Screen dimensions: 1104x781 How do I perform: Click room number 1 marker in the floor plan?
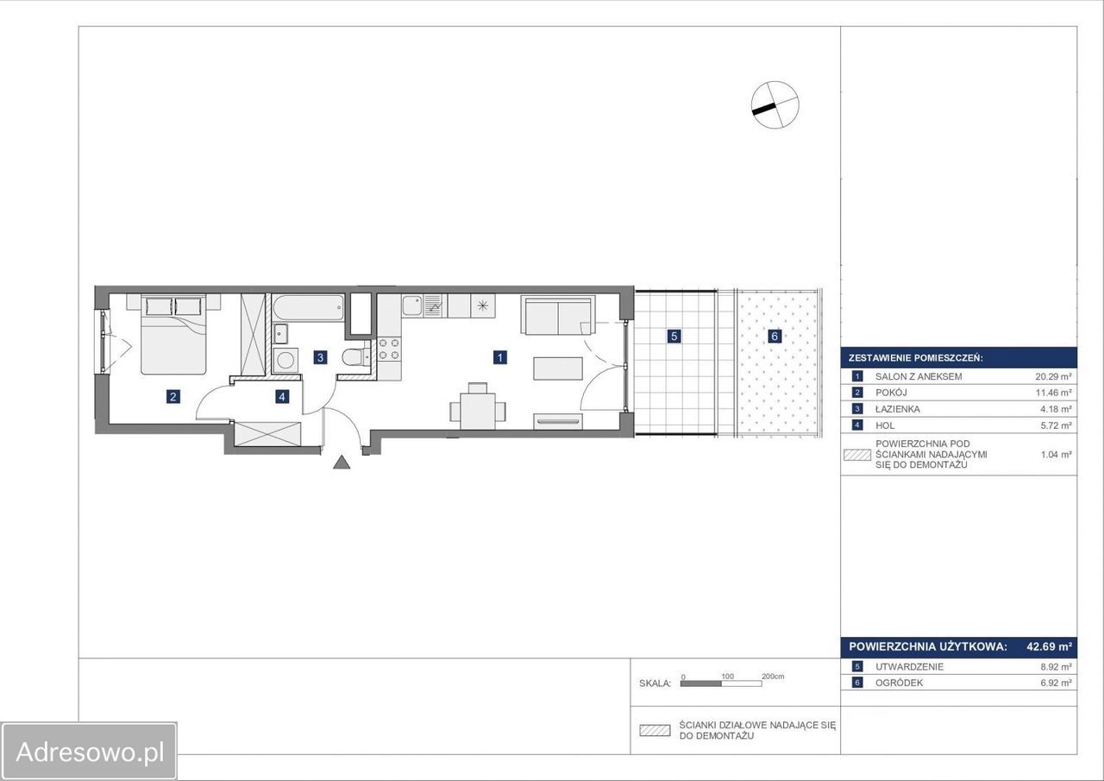point(499,357)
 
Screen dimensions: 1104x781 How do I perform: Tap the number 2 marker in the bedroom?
point(172,396)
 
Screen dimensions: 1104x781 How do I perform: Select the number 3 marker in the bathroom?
point(320,357)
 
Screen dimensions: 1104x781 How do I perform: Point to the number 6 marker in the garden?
point(775,337)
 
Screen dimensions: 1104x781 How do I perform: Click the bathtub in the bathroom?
point(309,308)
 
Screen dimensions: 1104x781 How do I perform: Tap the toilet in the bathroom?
point(356,357)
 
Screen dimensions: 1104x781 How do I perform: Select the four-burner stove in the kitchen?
point(389,349)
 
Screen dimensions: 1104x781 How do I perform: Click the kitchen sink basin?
point(412,305)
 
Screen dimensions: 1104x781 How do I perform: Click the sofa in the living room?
point(558,315)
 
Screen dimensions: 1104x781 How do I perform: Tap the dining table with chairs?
point(478,406)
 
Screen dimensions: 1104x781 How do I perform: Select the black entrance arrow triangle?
point(342,463)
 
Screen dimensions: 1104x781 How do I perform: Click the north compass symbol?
point(775,105)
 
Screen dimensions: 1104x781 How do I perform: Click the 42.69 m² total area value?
point(1050,646)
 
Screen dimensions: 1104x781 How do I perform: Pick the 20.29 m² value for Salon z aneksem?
point(1053,377)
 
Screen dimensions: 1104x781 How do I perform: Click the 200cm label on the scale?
point(773,676)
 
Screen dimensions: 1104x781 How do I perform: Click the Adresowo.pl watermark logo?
point(89,752)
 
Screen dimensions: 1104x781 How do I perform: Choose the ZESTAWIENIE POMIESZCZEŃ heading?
point(916,358)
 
